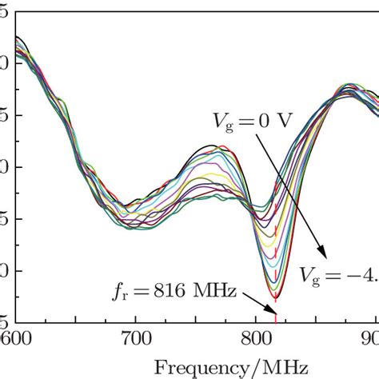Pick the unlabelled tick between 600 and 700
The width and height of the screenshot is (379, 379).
[75, 319]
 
